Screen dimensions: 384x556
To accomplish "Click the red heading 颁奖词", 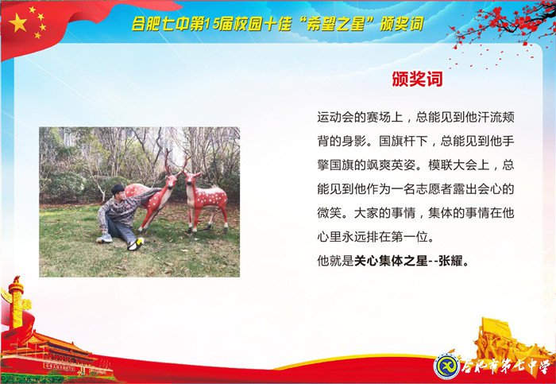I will (417, 80).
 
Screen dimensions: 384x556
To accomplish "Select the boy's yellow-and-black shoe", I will (138, 242).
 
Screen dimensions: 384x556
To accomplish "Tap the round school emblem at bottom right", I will (446, 367).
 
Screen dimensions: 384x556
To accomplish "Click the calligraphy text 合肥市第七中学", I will (504, 367).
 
